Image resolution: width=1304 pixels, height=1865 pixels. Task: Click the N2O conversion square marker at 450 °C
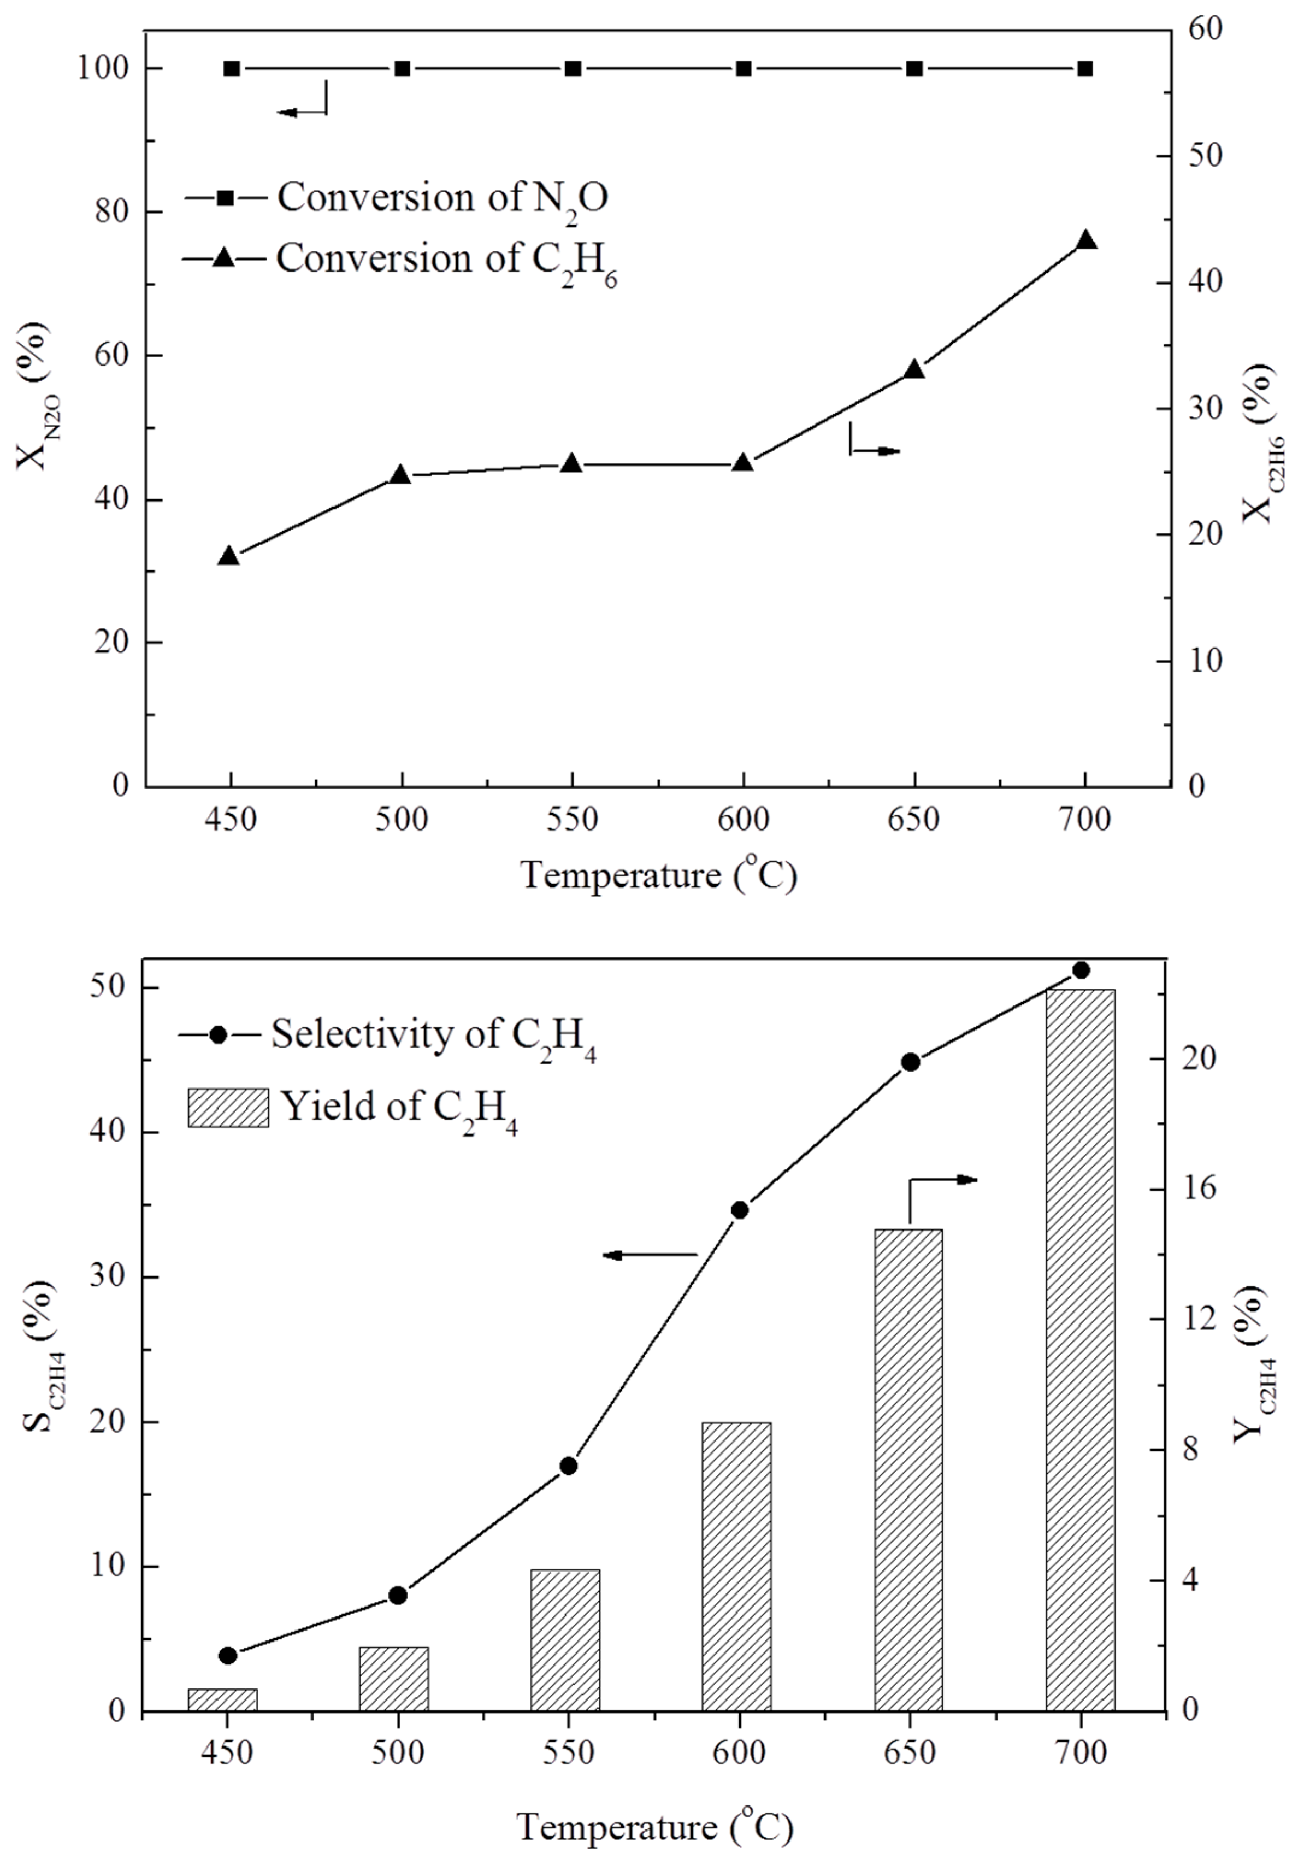[x=232, y=69]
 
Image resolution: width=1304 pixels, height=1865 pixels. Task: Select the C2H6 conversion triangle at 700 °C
[x=1085, y=240]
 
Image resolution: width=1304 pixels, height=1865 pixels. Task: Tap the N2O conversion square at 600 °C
[x=744, y=69]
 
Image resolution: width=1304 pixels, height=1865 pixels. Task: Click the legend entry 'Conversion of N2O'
[x=442, y=197]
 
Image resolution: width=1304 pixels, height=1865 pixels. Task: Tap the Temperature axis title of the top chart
[x=658, y=875]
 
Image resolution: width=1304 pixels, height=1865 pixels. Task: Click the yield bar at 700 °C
[x=1080, y=1349]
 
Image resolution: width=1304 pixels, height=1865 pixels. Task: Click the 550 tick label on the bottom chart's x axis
[x=569, y=1753]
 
